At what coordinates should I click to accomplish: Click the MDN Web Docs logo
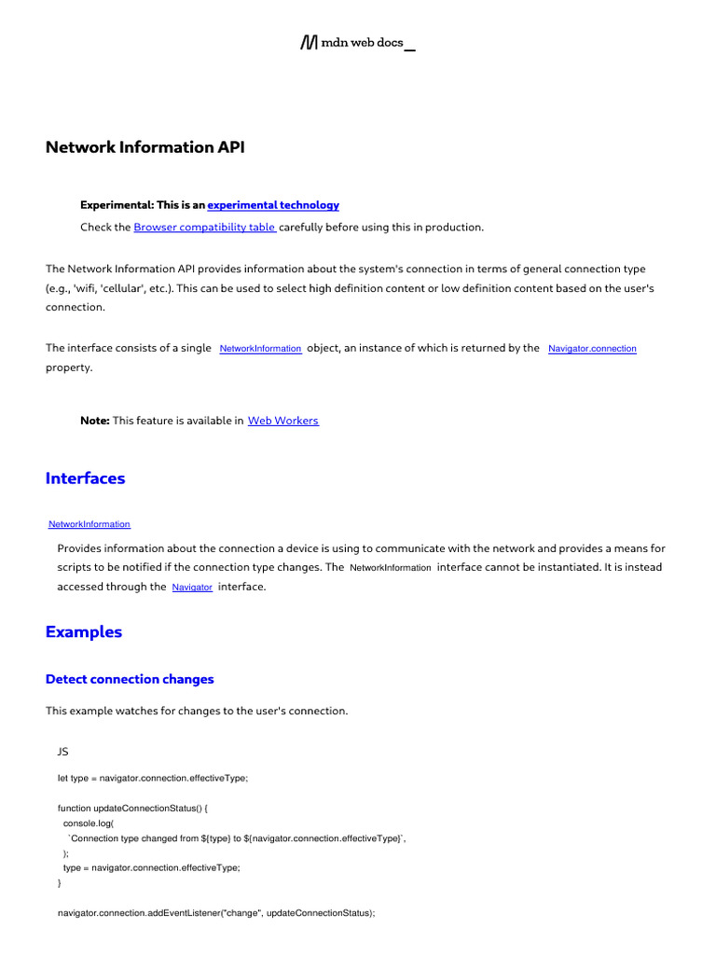click(x=357, y=43)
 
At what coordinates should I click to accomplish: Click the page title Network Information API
click(x=145, y=147)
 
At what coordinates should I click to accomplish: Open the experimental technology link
click(x=273, y=205)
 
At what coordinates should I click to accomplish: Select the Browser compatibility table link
click(x=204, y=228)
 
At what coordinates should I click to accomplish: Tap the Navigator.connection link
click(x=592, y=349)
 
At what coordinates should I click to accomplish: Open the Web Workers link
click(x=282, y=422)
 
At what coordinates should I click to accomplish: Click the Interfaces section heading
click(x=85, y=478)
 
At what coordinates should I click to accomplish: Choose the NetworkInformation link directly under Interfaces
click(x=89, y=525)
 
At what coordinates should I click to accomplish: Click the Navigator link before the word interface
click(x=192, y=588)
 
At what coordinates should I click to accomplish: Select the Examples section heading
click(x=84, y=632)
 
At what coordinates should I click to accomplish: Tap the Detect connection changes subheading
click(x=130, y=679)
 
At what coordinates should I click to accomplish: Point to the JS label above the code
click(x=63, y=751)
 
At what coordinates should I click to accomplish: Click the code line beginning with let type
click(x=153, y=779)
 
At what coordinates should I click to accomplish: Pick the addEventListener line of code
click(x=216, y=914)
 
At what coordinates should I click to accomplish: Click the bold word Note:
click(x=95, y=422)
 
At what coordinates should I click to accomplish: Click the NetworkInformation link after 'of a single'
click(x=260, y=349)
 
